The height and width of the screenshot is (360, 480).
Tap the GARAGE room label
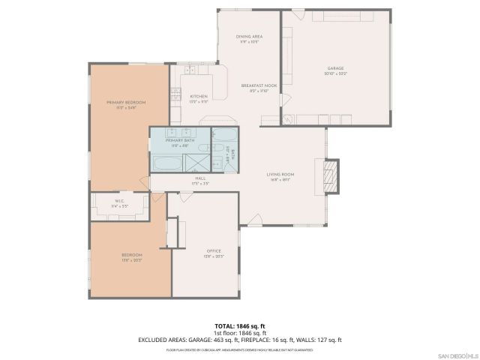click(335, 68)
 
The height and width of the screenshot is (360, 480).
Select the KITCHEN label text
click(198, 96)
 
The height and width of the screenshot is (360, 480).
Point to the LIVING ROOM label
click(280, 175)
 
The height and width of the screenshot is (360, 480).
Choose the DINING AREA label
click(248, 36)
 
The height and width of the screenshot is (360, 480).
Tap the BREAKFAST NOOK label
click(259, 86)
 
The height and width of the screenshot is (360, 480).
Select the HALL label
click(200, 178)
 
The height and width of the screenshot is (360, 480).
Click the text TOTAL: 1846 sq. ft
click(239, 325)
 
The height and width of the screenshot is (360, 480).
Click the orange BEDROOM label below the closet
click(131, 256)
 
